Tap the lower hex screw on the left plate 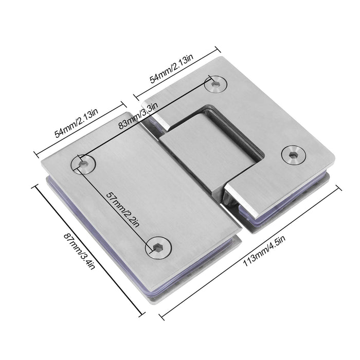(x=157, y=248)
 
